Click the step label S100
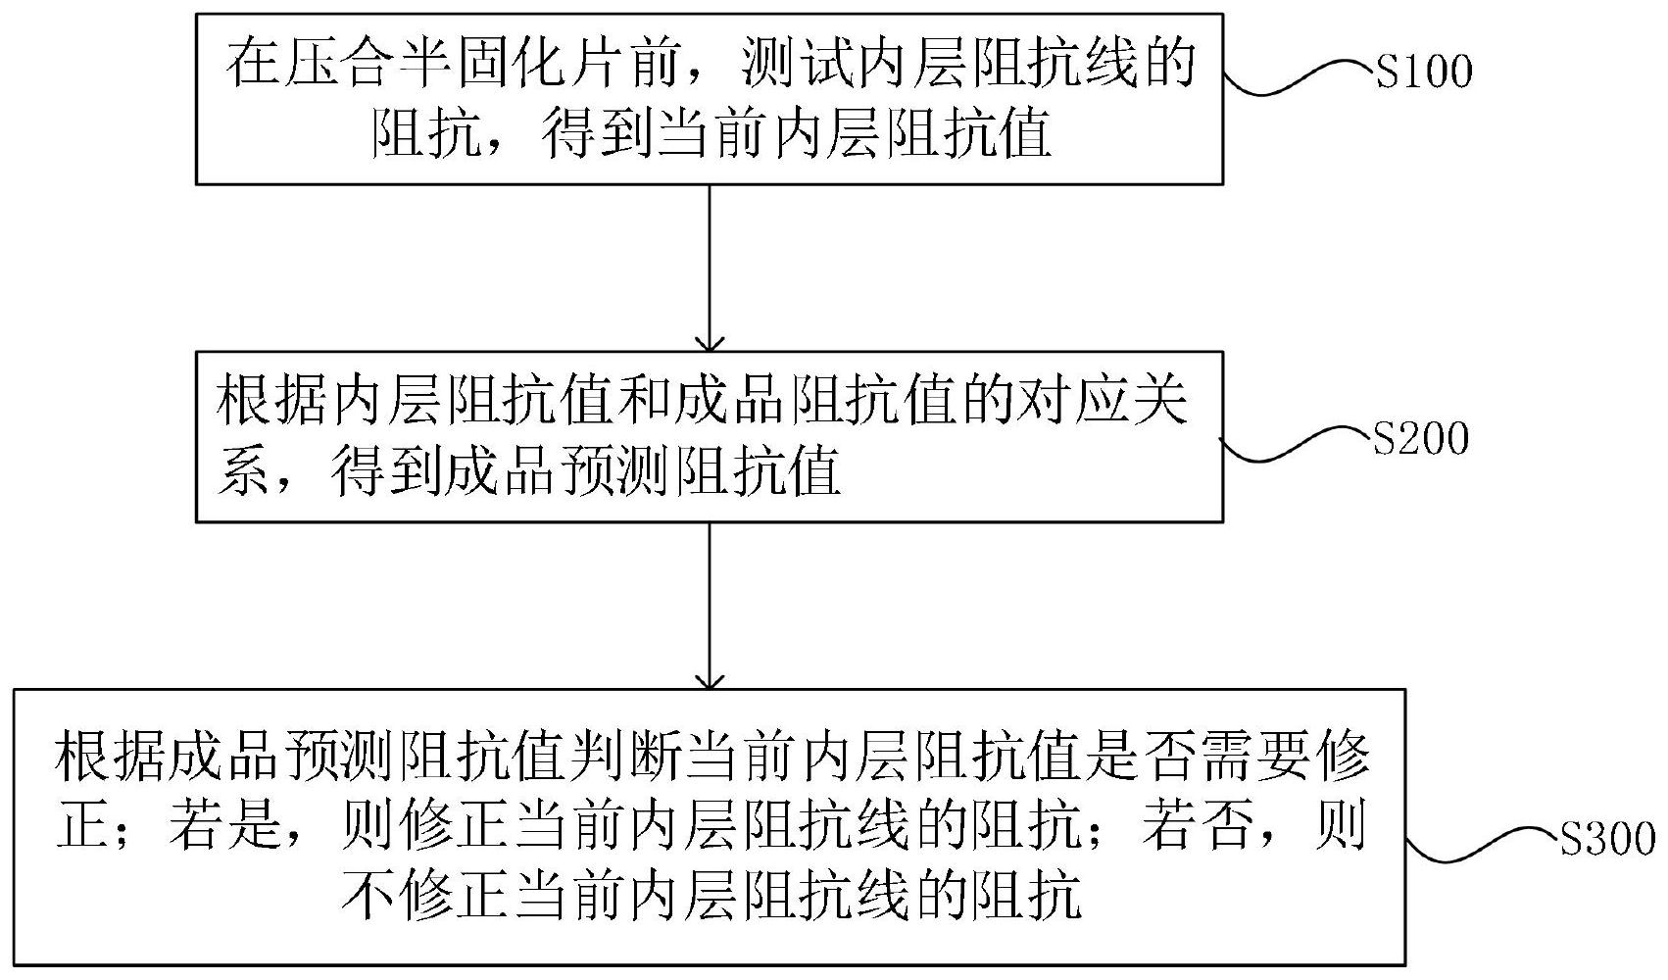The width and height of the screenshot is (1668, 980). tap(1424, 73)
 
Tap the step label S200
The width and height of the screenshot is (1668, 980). tap(1421, 440)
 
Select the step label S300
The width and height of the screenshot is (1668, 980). tap(1607, 841)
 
